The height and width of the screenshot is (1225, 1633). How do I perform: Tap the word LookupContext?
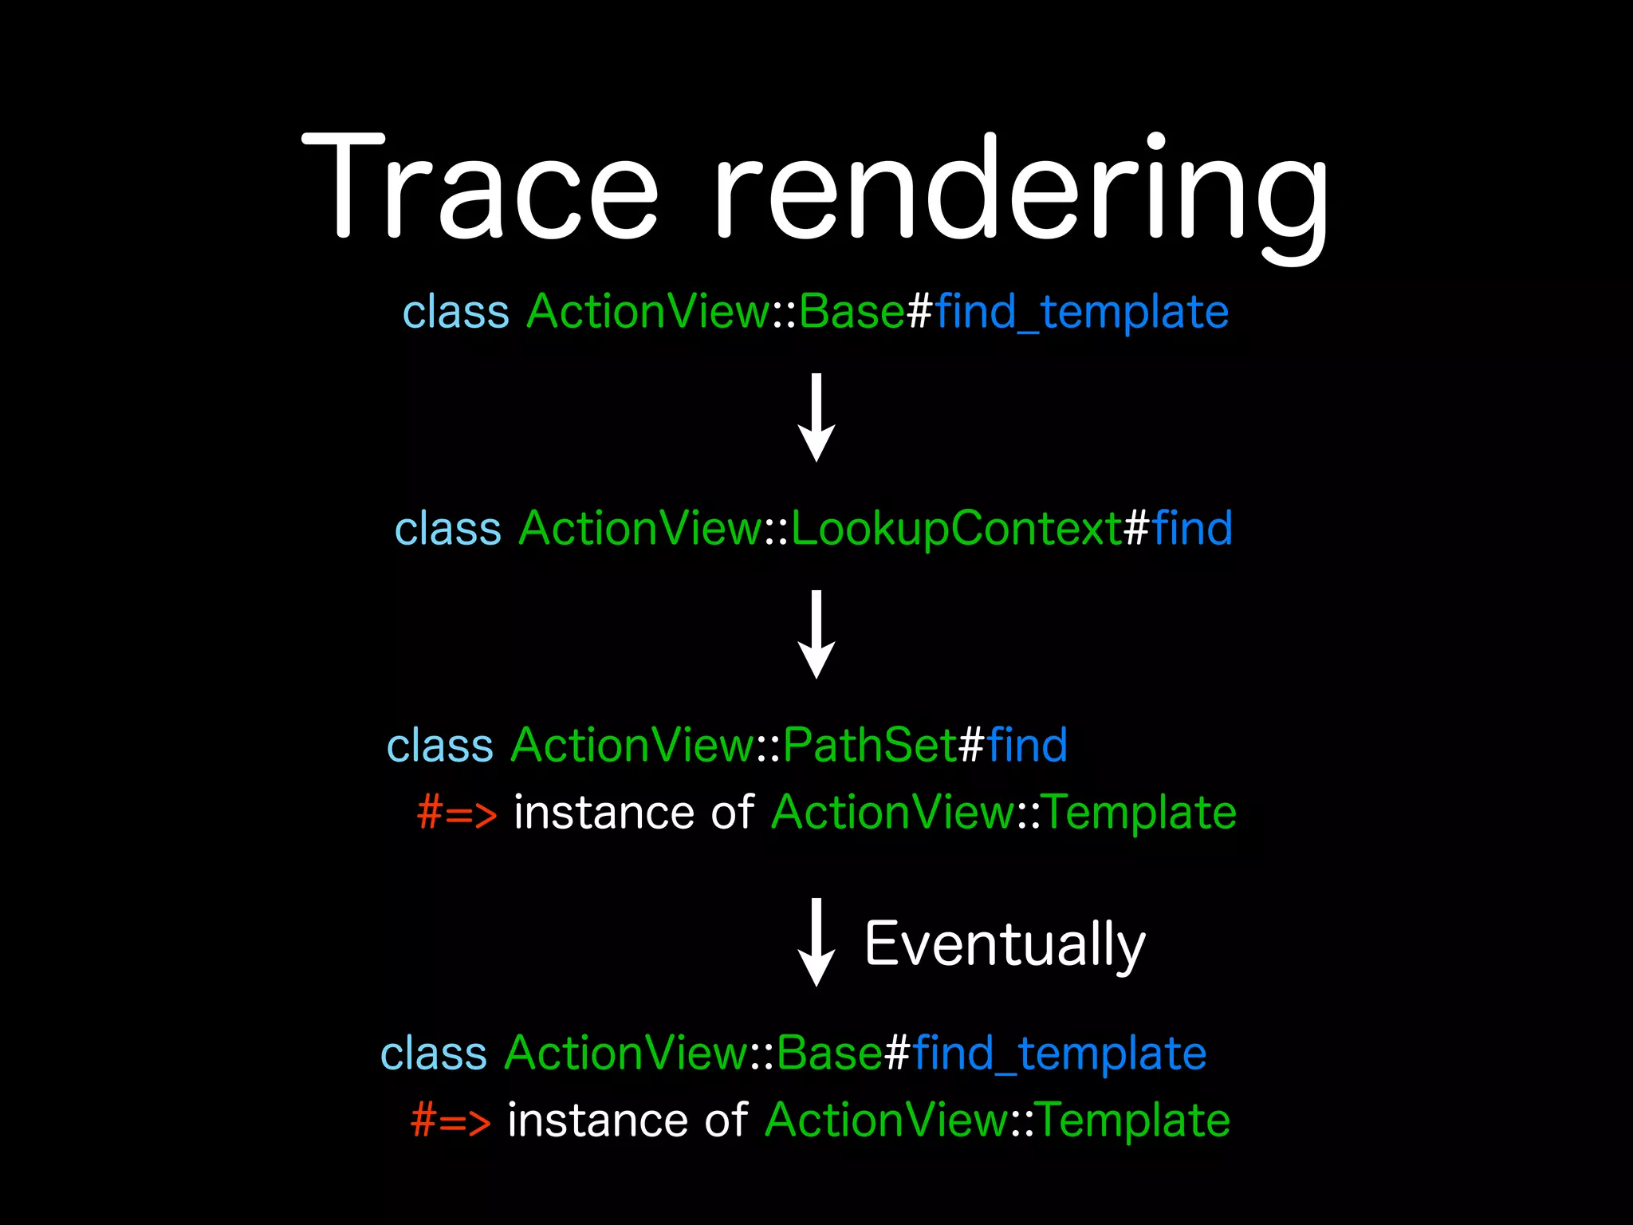tap(957, 529)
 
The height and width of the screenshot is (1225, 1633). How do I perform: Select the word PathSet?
tap(869, 746)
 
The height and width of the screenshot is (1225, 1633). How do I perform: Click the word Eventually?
tap(1005, 945)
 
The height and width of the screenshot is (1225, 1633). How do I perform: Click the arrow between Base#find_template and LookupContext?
tap(816, 417)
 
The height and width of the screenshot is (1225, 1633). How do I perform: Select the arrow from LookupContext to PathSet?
tap(816, 634)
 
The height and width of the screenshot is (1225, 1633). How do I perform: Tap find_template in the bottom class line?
tap(1060, 1054)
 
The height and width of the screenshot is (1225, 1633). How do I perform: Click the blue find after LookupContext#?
tap(1192, 529)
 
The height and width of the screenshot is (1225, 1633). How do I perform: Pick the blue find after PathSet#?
tap(1027, 746)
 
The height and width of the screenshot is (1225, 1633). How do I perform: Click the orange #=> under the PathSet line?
tap(457, 813)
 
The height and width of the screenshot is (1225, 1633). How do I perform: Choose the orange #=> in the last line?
tap(451, 1121)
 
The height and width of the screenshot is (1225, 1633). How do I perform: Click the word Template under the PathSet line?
tap(1140, 813)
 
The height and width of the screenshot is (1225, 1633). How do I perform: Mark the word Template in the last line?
tap(1134, 1121)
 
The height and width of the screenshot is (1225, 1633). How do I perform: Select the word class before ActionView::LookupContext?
tap(448, 529)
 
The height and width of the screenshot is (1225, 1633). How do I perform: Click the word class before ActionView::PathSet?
tap(440, 746)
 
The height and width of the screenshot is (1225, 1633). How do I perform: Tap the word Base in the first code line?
tap(852, 312)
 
